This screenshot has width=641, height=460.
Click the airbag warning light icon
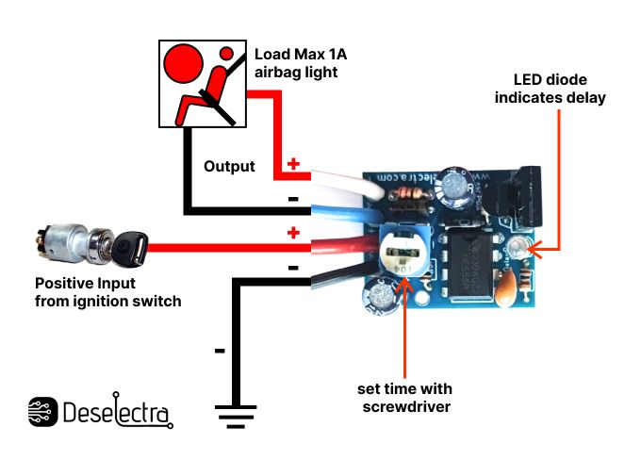[201, 84]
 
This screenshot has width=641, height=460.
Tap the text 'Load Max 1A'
[298, 54]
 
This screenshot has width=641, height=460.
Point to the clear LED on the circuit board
[517, 249]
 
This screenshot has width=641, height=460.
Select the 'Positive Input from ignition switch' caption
[107, 291]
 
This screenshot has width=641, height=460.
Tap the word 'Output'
[229, 167]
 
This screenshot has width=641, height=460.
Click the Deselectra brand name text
[117, 413]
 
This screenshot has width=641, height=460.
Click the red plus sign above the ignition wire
[293, 233]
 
